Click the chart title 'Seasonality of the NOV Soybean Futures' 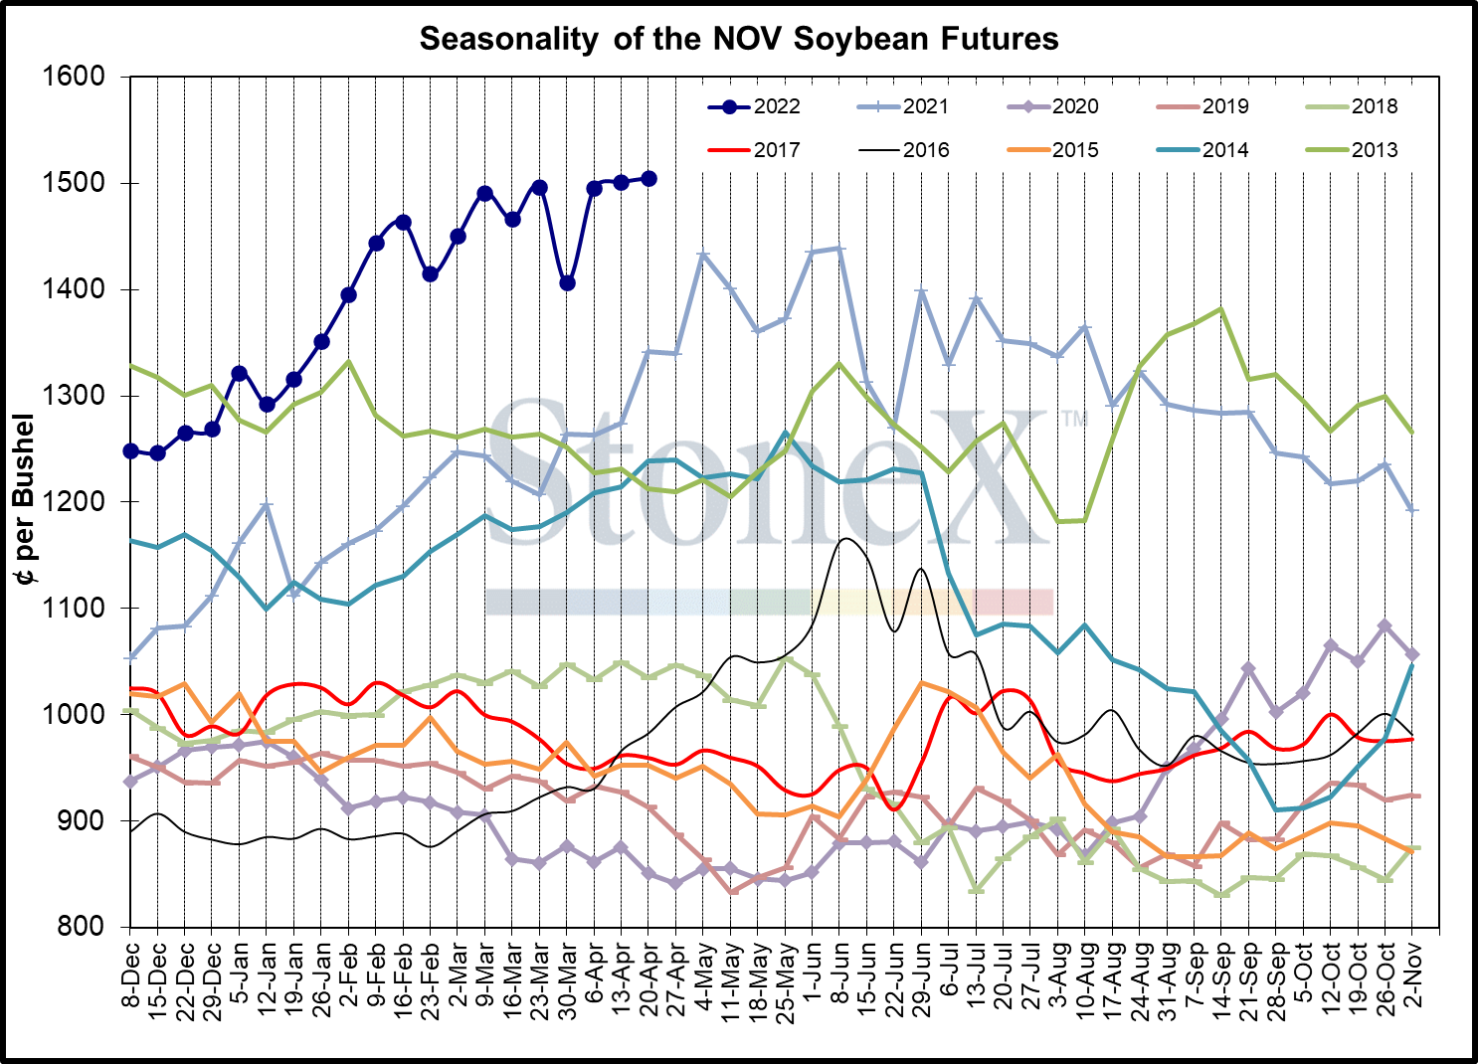coord(739,39)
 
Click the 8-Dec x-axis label coord(130,974)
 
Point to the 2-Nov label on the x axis coord(1412,974)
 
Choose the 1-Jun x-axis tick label coord(813,974)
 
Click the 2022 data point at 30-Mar coord(567,283)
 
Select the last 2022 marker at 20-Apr coord(648,179)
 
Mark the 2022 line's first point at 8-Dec coord(130,450)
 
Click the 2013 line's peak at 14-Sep coord(1221,309)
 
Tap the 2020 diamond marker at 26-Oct coord(1385,626)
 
